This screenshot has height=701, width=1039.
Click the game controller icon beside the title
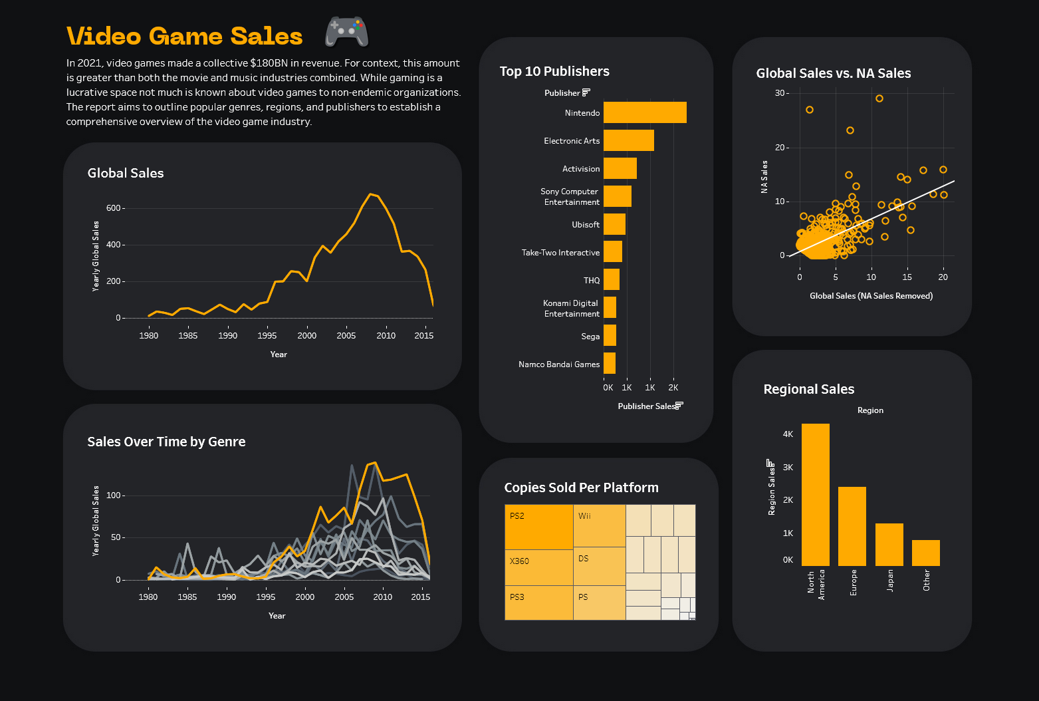(346, 32)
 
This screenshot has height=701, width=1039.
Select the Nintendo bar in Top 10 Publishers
(645, 112)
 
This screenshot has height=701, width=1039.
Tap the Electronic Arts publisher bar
(628, 140)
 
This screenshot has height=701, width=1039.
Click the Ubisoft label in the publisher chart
(586, 225)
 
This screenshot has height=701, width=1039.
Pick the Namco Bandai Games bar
(610, 363)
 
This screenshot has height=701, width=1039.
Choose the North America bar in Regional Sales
(815, 495)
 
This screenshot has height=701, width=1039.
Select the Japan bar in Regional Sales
(889, 545)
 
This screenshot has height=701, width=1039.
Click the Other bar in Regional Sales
(925, 553)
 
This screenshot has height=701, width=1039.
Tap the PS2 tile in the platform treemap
(538, 527)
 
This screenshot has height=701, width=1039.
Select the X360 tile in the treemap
(538, 567)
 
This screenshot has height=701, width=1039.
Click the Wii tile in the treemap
(599, 525)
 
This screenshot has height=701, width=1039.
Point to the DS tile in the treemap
(599, 566)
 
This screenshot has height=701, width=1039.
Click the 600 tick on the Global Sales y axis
(114, 208)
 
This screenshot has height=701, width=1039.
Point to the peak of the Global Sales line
(370, 194)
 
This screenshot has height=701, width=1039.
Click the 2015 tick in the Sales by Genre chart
(420, 597)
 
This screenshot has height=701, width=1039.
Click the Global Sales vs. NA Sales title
(834, 73)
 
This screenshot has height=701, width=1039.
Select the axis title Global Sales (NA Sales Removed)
(871, 296)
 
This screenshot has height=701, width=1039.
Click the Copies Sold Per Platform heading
(581, 488)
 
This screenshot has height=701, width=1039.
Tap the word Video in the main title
(104, 36)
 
